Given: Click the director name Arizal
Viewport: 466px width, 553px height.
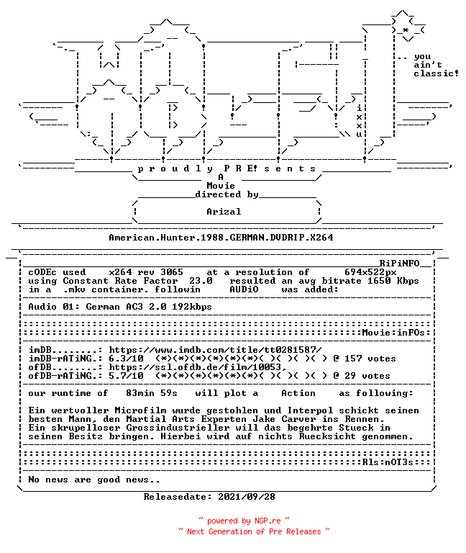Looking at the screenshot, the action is click(224, 212).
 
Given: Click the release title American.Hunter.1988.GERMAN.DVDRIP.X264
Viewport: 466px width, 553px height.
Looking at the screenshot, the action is click(221, 238).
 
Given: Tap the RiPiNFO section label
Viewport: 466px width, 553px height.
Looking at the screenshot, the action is click(399, 264).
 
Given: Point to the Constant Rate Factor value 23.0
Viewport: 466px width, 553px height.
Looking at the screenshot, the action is click(201, 281).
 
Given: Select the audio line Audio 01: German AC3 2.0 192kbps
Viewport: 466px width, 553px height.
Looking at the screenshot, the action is click(120, 307).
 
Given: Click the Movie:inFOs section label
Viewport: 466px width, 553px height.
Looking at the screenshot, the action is click(393, 333).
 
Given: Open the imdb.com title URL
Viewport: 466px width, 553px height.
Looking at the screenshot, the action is click(215, 350).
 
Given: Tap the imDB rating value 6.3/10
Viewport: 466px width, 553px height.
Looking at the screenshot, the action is click(126, 359).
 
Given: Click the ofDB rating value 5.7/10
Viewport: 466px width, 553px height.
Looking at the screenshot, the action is click(126, 376).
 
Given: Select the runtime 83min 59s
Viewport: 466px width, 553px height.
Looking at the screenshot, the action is click(152, 393).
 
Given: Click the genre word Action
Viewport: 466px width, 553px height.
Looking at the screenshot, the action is click(298, 393).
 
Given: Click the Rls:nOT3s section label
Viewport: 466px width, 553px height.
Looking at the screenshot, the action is click(388, 462).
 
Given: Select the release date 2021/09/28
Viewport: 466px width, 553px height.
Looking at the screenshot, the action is click(247, 497).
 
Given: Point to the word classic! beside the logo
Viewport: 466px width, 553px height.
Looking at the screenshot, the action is click(436, 73).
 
